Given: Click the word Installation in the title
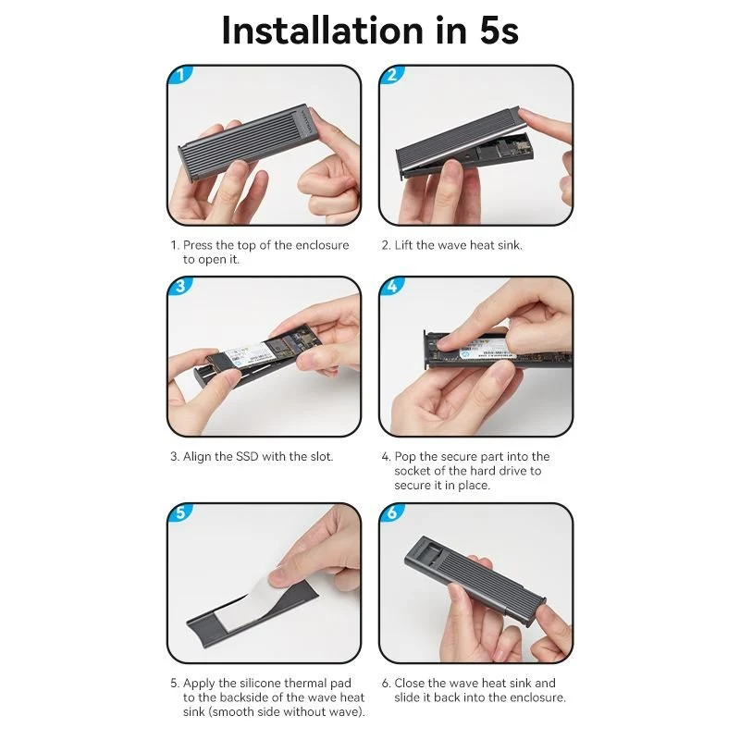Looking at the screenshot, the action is (x=322, y=31).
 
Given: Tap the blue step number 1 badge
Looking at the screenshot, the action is (x=180, y=75).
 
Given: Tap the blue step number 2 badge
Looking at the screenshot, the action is (x=392, y=75).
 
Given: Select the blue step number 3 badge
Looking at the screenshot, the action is (x=180, y=286).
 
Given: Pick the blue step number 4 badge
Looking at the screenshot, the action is (x=392, y=286).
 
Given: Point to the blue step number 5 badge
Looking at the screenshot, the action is (x=180, y=512).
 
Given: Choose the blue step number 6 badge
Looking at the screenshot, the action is (x=392, y=512).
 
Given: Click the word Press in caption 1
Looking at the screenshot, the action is (x=197, y=245).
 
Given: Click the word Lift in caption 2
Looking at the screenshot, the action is (x=403, y=245).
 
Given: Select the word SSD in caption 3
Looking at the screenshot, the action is (x=247, y=456).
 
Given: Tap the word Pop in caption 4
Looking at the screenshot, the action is (x=405, y=457).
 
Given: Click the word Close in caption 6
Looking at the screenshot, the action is (x=409, y=683).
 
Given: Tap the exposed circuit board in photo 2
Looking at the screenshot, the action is (x=507, y=148).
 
